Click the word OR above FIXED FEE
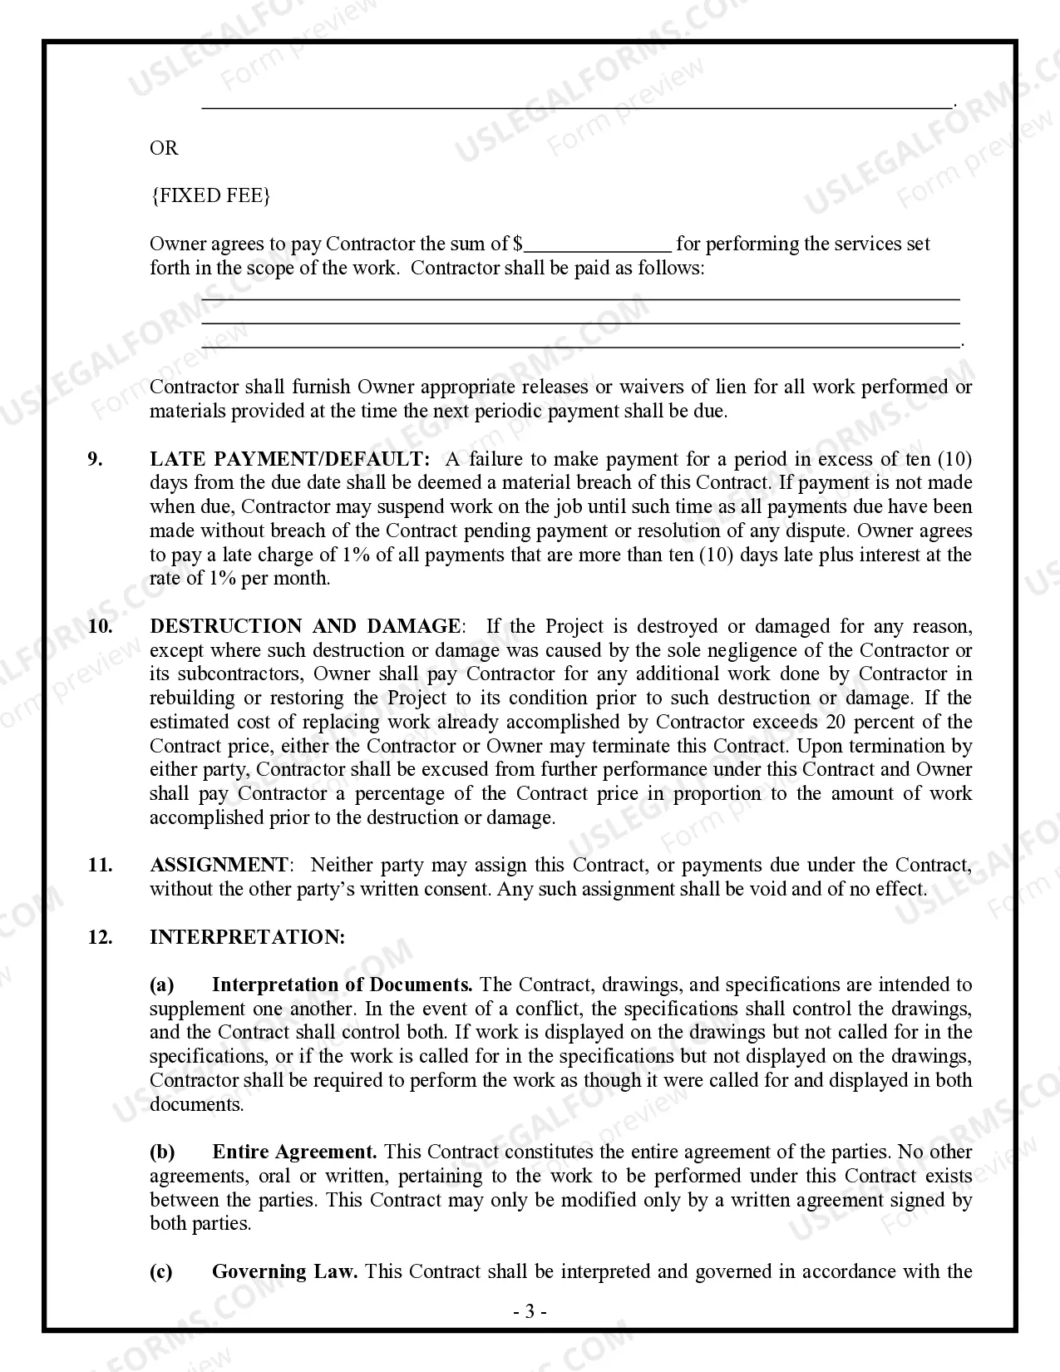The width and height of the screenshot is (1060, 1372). coord(164,148)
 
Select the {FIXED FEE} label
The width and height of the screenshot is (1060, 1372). coord(210,196)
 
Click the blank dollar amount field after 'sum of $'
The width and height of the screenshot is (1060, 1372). coord(599,244)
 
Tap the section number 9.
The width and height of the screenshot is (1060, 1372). coord(96,459)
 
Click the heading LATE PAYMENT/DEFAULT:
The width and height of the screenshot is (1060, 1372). coord(290,459)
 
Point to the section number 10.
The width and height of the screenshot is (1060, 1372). coord(100,626)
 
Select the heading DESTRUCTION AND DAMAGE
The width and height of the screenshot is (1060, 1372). coord(305,626)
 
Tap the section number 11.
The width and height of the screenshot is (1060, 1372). coord(100,865)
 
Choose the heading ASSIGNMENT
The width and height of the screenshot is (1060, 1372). coord(219,865)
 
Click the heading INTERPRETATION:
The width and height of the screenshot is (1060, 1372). coord(247,937)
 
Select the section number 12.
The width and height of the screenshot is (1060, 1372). coord(100,937)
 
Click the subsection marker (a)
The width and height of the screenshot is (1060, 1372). coord(161,985)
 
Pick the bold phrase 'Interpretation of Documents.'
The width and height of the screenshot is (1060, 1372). coord(342,985)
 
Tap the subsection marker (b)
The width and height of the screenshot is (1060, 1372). coord(162,1152)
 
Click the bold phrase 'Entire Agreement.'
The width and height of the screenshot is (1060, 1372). coord(294,1152)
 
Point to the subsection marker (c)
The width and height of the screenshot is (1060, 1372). coord(161,1272)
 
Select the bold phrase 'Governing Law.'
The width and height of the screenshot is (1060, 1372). coord(284,1272)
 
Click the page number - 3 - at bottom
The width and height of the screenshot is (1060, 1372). coord(530,1312)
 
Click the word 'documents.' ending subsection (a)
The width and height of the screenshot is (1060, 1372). coord(196,1105)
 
